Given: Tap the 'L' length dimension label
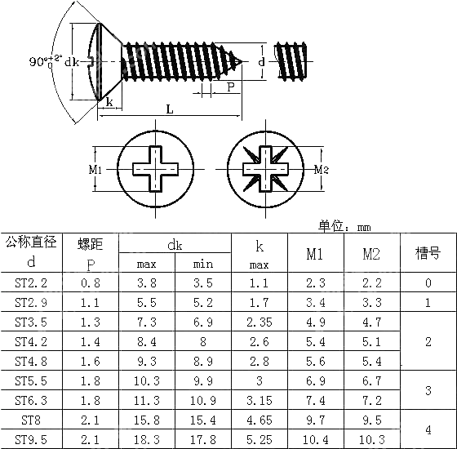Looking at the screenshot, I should (169, 109).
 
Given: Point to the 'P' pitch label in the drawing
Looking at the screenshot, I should (231, 86).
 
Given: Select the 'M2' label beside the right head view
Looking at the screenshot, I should (321, 169).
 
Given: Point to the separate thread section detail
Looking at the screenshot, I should (291, 62).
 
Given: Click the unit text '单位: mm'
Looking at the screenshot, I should (344, 226).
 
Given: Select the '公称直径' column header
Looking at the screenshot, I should (31, 242).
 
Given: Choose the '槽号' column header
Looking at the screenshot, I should (428, 253).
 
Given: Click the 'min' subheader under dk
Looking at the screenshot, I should (203, 264).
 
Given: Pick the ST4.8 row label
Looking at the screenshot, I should (31, 361).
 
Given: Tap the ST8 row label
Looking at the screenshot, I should (31, 420).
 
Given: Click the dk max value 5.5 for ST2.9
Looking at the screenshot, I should (147, 302).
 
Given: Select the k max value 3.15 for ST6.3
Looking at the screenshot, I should (259, 400).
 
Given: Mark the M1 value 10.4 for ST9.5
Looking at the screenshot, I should (315, 439).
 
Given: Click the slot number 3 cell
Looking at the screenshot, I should (428, 390).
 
